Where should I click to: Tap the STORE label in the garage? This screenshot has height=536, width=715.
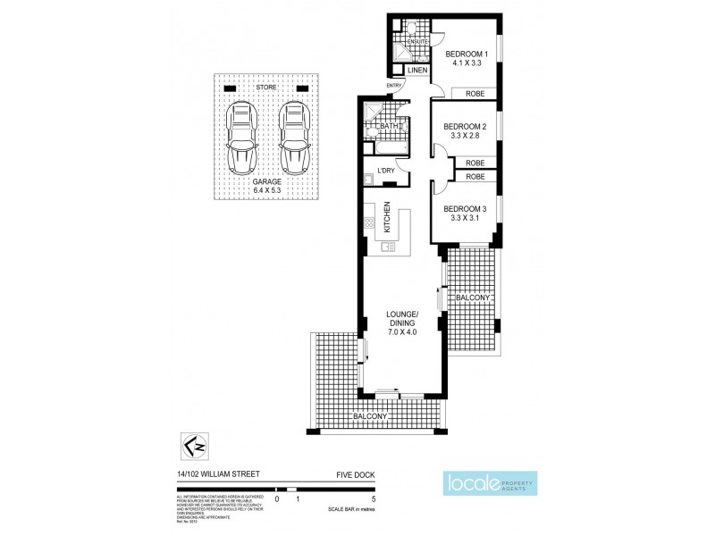266,88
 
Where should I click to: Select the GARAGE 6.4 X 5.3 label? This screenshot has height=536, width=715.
266,186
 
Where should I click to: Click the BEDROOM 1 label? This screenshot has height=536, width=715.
467,59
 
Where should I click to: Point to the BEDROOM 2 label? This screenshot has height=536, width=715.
465,131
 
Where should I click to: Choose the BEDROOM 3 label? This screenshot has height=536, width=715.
465,214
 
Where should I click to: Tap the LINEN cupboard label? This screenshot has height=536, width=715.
418,70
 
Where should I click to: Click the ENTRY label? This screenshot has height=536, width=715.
394,86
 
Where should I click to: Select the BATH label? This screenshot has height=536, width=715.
390,127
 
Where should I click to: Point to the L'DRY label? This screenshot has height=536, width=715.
386,171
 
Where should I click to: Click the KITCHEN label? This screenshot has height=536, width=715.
387,218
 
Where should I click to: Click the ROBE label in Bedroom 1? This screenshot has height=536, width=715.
474,92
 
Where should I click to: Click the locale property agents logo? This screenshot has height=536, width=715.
491,484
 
